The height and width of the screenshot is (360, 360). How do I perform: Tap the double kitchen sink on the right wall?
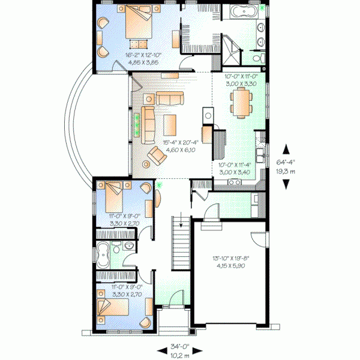261,157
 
